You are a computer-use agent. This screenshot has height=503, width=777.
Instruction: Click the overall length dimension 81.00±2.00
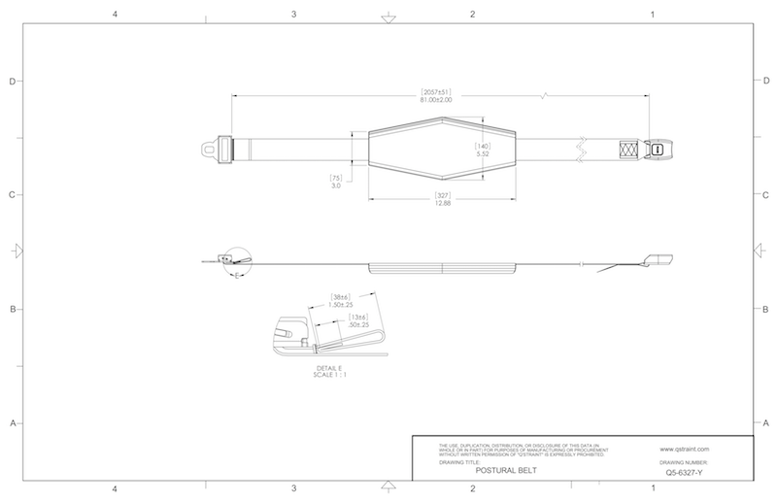pos(436,99)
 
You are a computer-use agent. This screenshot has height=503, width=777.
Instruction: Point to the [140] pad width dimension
pos(481,145)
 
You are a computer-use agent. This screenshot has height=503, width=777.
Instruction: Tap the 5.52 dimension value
pos(481,153)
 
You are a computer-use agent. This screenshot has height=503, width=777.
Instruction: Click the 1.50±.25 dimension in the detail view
pos(340,305)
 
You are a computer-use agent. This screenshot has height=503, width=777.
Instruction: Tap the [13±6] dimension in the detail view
pos(359,317)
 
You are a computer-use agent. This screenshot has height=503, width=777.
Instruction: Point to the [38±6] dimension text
pos(340,297)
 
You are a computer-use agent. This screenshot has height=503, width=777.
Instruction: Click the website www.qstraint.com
pos(687,450)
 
